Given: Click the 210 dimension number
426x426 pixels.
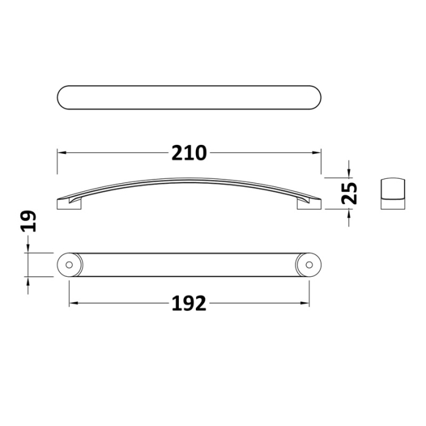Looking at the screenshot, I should coord(189,153).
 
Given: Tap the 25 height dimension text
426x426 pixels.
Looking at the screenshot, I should coord(349,193).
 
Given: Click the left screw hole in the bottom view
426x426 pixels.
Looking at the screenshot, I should coord(69,265).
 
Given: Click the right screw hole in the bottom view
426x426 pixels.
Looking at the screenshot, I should coord(309,265).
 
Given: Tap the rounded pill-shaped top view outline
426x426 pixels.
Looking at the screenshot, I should coord(189,98).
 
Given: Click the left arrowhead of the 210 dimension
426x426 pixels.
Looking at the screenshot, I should coord(61,153).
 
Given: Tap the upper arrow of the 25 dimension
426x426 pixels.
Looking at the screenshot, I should coord(349,172).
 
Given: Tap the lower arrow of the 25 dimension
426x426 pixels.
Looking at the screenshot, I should coord(349,214).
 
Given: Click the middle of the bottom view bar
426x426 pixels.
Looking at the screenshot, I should coord(189,265).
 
